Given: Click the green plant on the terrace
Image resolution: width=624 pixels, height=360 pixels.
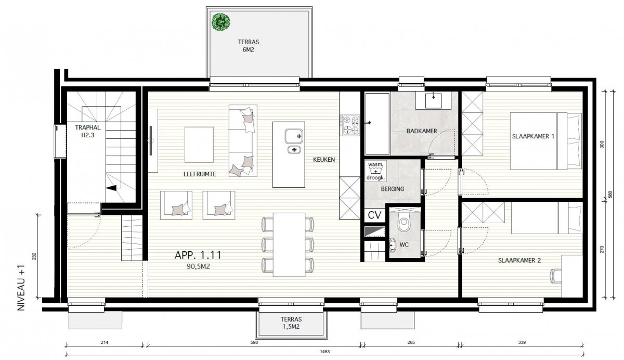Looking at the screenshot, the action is pos(221,22).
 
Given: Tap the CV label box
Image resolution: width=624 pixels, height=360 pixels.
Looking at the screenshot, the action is pos(374,215).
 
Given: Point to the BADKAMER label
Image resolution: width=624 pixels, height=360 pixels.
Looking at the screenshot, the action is pos(422,131).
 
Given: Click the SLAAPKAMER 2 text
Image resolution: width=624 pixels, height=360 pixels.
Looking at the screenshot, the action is pos(519,260).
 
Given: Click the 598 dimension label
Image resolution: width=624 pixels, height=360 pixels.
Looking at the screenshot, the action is pos(254,342).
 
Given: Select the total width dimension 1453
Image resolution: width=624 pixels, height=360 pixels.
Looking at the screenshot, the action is pos(324,352).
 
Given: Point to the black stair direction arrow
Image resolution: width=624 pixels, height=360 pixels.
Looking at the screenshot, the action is pos(111,188).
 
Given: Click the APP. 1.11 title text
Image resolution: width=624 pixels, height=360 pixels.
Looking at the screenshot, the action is pos(198,255).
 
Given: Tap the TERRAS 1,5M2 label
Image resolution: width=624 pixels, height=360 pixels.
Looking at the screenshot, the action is pos(291,323).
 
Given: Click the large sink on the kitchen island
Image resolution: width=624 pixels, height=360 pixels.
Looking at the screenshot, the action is pos(294,136).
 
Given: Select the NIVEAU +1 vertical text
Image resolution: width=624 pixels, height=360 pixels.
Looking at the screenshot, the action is pos(21,288).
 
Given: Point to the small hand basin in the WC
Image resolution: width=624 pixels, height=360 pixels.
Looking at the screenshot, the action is pos(392,245).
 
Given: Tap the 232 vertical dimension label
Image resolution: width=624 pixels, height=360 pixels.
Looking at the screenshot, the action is pos(34,256).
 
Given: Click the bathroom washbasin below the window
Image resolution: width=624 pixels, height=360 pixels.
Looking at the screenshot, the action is pos(433,100).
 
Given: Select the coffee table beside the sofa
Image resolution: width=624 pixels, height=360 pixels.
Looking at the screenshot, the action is pos(199,145).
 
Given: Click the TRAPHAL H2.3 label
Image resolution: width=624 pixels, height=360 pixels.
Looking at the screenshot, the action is pos(87,132).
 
